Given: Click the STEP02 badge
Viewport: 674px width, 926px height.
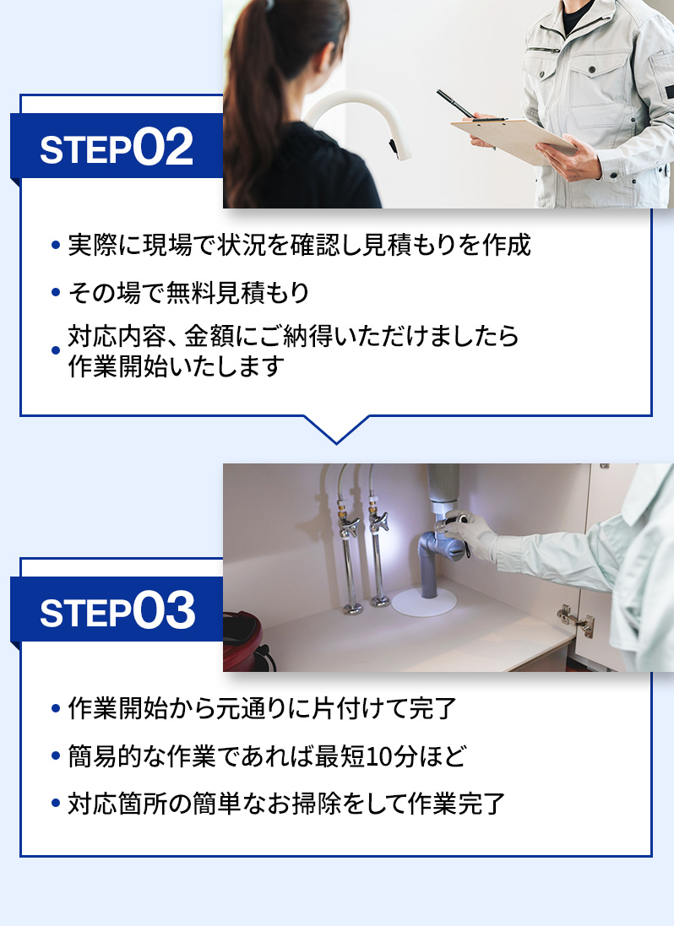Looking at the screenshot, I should (117, 148).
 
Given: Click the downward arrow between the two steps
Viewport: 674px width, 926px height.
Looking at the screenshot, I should (336, 429).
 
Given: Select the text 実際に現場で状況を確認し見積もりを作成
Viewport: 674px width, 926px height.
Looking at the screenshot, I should (299, 246).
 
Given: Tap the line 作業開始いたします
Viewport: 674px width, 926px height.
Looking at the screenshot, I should (175, 367).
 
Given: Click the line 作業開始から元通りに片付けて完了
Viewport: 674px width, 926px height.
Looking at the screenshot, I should (262, 708).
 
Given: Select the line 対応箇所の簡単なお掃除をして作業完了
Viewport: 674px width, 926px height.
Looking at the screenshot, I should (286, 803).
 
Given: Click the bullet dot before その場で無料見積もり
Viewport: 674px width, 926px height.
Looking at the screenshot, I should (56, 294).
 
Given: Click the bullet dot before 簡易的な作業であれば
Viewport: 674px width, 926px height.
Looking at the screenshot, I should (56, 757).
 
